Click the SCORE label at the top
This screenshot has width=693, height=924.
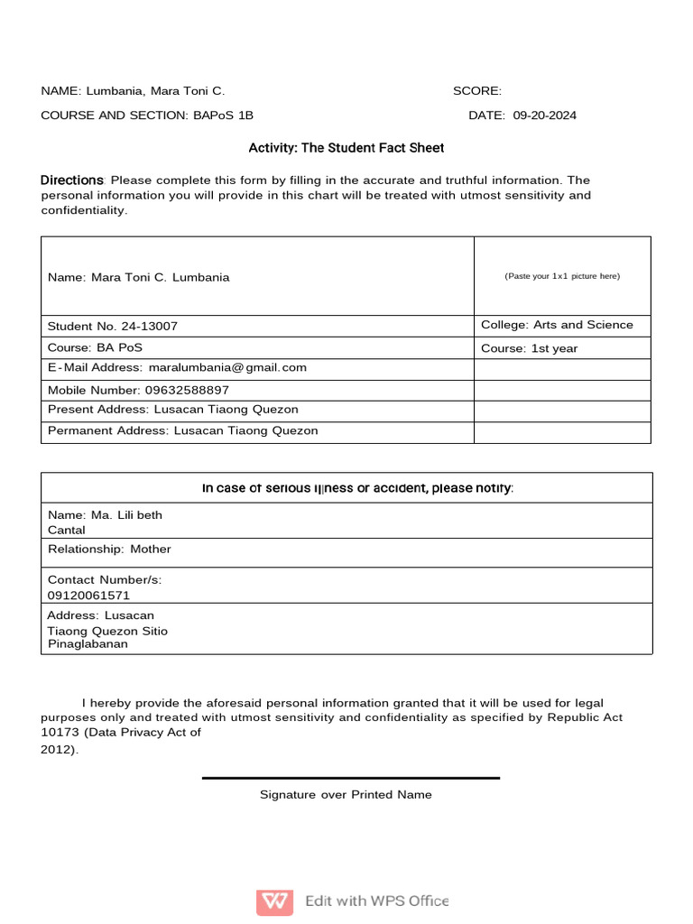click(x=476, y=91)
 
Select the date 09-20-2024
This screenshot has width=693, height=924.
click(x=545, y=115)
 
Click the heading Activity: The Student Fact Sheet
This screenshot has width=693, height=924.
click(x=346, y=147)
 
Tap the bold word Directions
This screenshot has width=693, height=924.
click(x=72, y=180)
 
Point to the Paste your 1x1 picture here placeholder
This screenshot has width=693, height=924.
click(x=562, y=276)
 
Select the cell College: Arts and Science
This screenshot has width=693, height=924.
click(x=557, y=325)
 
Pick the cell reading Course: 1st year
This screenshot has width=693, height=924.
click(x=530, y=348)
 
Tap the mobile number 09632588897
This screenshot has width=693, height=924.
click(x=187, y=390)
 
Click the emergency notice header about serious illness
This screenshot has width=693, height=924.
click(x=357, y=488)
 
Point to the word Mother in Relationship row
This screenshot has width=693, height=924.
click(x=150, y=549)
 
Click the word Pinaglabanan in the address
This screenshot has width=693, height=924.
click(x=88, y=644)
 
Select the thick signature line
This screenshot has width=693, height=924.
click(x=350, y=778)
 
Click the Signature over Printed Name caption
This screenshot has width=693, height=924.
click(x=346, y=795)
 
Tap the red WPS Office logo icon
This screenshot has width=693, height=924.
click(x=274, y=901)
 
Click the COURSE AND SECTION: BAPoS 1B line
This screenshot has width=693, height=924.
click(x=147, y=115)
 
